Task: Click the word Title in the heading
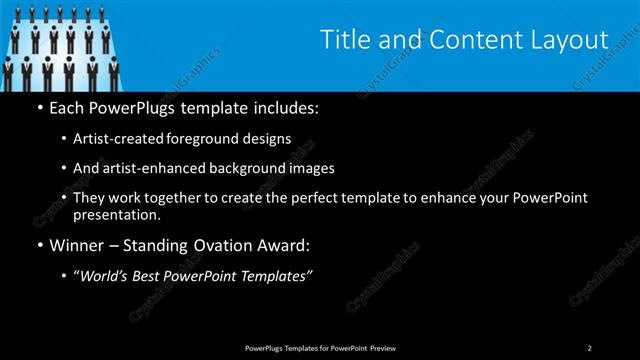342,40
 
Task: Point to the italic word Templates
276,277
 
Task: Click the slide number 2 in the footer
589,347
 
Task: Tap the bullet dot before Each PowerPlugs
39,107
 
